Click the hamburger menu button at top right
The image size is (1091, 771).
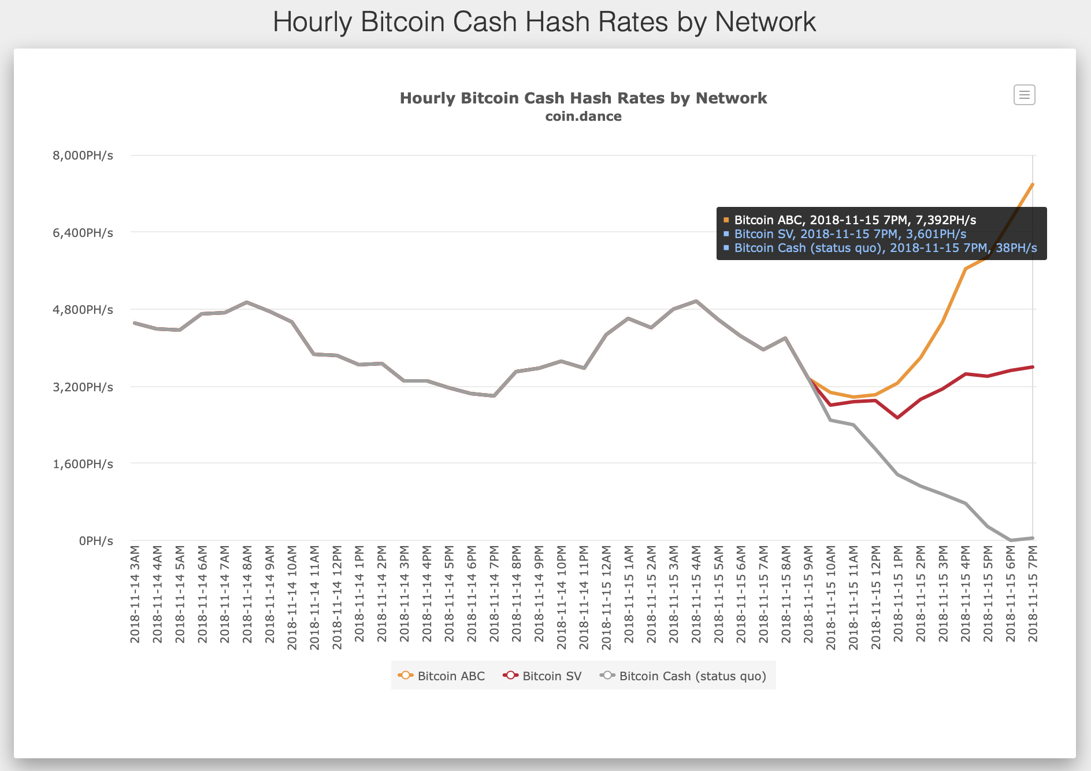[1024, 95]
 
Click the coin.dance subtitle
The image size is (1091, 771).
[583, 116]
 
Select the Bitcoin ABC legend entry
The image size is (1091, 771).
[442, 676]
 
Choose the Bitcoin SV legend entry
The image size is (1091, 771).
[543, 676]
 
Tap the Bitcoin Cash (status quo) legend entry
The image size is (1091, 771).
[684, 676]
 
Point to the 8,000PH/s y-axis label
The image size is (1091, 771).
[83, 155]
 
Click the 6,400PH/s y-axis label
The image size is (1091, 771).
[83, 233]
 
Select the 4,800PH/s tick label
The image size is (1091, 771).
[83, 310]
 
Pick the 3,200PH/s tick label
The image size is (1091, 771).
[83, 387]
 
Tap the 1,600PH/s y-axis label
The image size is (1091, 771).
[83, 464]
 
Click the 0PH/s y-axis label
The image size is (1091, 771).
[96, 541]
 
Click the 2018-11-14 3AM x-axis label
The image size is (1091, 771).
[135, 594]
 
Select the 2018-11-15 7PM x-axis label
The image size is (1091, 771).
[1033, 594]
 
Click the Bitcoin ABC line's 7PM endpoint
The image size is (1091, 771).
[1033, 184]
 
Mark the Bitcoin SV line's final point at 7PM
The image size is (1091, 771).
[1033, 367]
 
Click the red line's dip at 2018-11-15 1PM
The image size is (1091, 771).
[897, 417]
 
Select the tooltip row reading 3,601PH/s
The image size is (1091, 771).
[849, 234]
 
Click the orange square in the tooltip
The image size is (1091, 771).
[726, 220]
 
